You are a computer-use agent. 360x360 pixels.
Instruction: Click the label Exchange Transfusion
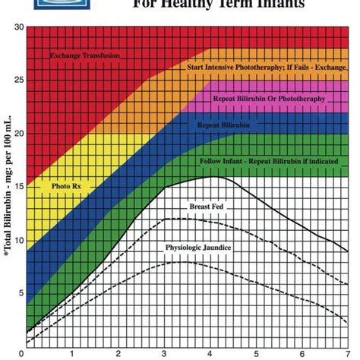[x=86, y=56]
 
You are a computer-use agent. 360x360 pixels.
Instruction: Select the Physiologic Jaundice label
[x=198, y=248]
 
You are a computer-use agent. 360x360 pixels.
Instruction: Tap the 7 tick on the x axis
[x=347, y=353]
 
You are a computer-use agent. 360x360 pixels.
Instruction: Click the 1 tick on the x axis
[x=71, y=353]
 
